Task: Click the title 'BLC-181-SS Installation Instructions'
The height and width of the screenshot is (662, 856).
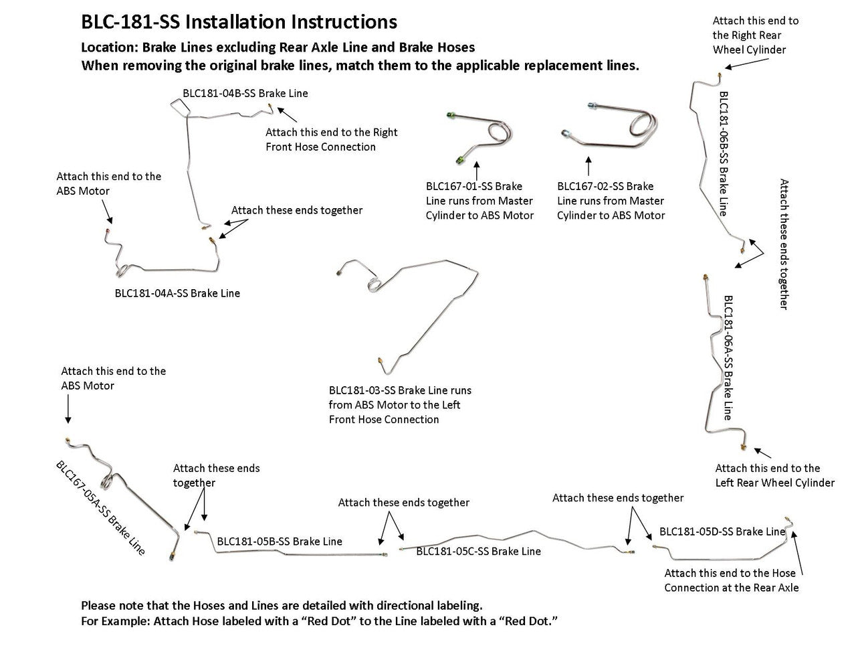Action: click(239, 22)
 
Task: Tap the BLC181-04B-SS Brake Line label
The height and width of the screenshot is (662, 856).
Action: click(245, 94)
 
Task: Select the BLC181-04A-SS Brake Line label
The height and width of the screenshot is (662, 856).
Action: click(177, 293)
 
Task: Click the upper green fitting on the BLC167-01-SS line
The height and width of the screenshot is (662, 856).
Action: click(451, 115)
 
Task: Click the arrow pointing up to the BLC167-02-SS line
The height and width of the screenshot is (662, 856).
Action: click(588, 166)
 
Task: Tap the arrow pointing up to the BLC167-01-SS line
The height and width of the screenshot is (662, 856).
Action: click(477, 170)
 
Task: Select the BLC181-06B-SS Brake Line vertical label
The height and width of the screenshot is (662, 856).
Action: click(724, 154)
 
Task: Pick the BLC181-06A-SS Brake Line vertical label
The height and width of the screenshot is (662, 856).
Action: click(728, 358)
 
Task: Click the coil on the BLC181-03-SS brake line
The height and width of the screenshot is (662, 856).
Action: click(374, 284)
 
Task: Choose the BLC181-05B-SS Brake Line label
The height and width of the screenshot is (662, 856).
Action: click(280, 542)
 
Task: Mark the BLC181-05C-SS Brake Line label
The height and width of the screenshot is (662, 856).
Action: click(478, 551)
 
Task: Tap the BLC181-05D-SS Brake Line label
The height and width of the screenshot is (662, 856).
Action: click(722, 531)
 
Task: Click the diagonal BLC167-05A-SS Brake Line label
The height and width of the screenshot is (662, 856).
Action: click(100, 508)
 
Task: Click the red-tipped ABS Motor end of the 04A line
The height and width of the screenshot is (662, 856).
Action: click(108, 231)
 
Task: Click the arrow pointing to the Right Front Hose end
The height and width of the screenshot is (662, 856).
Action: click(287, 114)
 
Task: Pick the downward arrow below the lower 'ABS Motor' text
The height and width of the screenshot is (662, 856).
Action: click(68, 409)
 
